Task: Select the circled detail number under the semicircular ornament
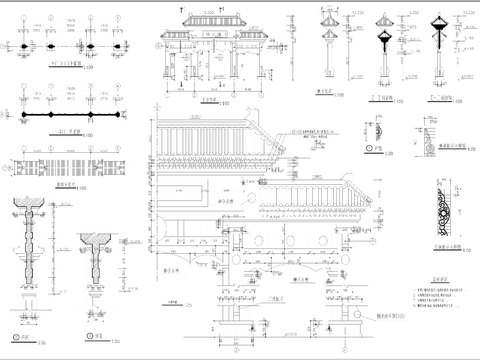click(371, 148)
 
